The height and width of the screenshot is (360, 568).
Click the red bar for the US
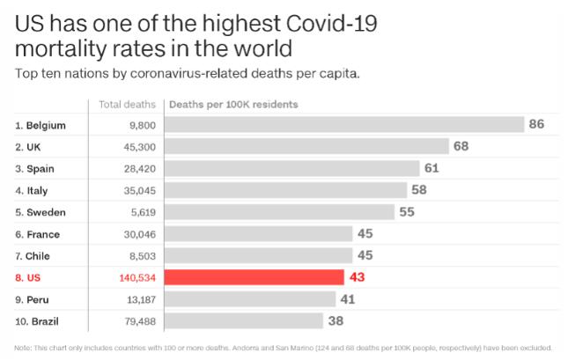click(x=254, y=277)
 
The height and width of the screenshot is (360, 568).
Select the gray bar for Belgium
click(x=343, y=125)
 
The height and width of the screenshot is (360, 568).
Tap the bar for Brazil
click(x=244, y=320)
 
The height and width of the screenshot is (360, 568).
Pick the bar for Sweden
click(x=279, y=212)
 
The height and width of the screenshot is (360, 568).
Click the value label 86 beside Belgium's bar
click(x=536, y=125)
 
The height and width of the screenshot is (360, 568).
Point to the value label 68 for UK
click(x=461, y=146)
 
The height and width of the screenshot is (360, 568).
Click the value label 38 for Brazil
click(x=336, y=320)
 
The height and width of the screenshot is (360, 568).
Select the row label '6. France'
click(x=39, y=234)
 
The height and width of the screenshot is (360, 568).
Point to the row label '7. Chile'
click(x=36, y=255)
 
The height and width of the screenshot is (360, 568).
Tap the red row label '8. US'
click(x=29, y=277)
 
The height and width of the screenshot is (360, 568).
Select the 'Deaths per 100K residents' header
click(x=232, y=105)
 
